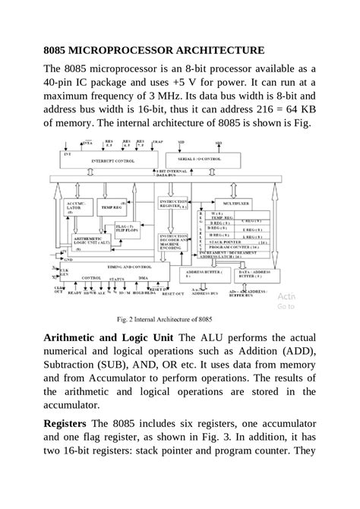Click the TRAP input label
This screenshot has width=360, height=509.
click(x=157, y=141)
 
